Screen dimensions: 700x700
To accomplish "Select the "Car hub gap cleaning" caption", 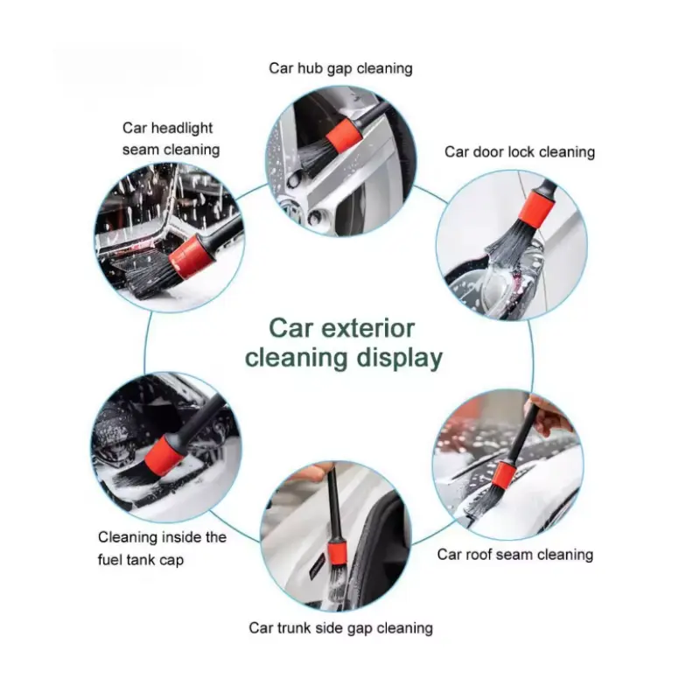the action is (340, 69).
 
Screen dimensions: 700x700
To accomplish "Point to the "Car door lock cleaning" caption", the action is (520, 152).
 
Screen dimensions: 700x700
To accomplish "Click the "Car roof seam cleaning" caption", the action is (515, 555).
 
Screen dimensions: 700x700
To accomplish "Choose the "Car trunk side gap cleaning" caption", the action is (341, 628).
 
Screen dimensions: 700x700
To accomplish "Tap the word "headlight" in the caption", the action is (182, 128).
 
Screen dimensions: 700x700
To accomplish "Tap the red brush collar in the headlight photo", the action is (192, 257).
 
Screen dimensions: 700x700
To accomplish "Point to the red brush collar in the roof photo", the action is (504, 475).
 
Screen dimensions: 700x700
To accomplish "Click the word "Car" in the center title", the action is (290, 329).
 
